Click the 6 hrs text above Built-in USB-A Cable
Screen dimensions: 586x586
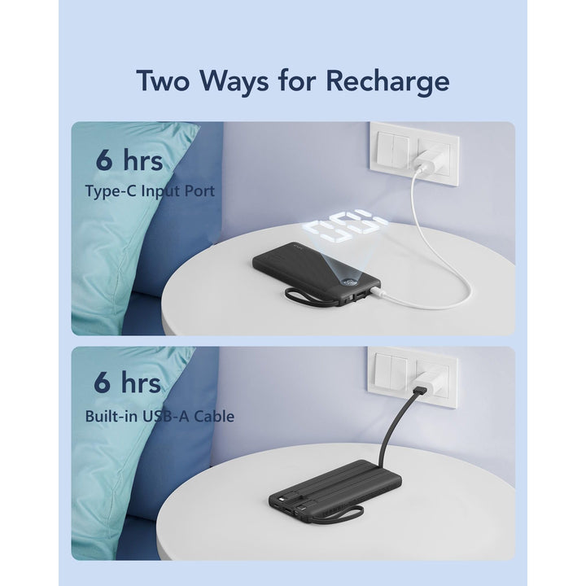click(129, 383)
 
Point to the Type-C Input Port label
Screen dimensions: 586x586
click(160, 192)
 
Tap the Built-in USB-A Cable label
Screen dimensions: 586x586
click(160, 416)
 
